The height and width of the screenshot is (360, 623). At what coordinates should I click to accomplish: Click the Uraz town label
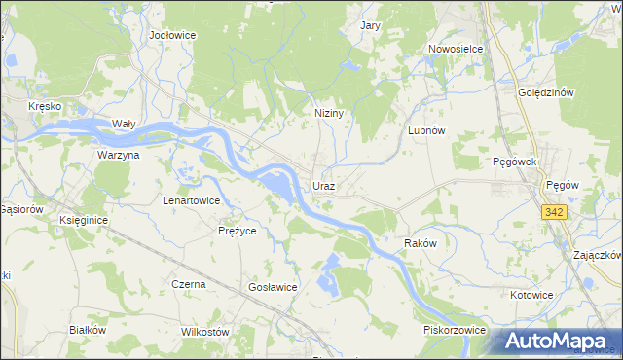(x=324, y=185)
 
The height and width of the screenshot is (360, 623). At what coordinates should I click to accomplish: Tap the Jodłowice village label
(x=172, y=34)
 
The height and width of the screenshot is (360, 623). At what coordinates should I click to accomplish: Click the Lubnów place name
(x=426, y=130)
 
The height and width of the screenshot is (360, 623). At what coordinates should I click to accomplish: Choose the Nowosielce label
(x=457, y=48)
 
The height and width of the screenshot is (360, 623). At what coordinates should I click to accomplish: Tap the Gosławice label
(x=273, y=287)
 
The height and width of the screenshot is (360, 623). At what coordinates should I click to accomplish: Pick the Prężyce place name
(x=236, y=231)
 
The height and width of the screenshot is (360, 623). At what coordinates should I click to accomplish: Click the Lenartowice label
(x=191, y=200)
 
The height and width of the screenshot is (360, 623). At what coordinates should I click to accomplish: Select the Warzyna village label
(x=119, y=155)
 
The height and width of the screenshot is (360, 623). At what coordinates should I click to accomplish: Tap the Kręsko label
(x=46, y=105)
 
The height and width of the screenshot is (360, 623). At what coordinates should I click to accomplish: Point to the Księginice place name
(x=83, y=221)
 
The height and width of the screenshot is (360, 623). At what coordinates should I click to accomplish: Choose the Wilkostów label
(x=204, y=331)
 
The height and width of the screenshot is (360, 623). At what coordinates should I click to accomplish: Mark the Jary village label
(x=370, y=26)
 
